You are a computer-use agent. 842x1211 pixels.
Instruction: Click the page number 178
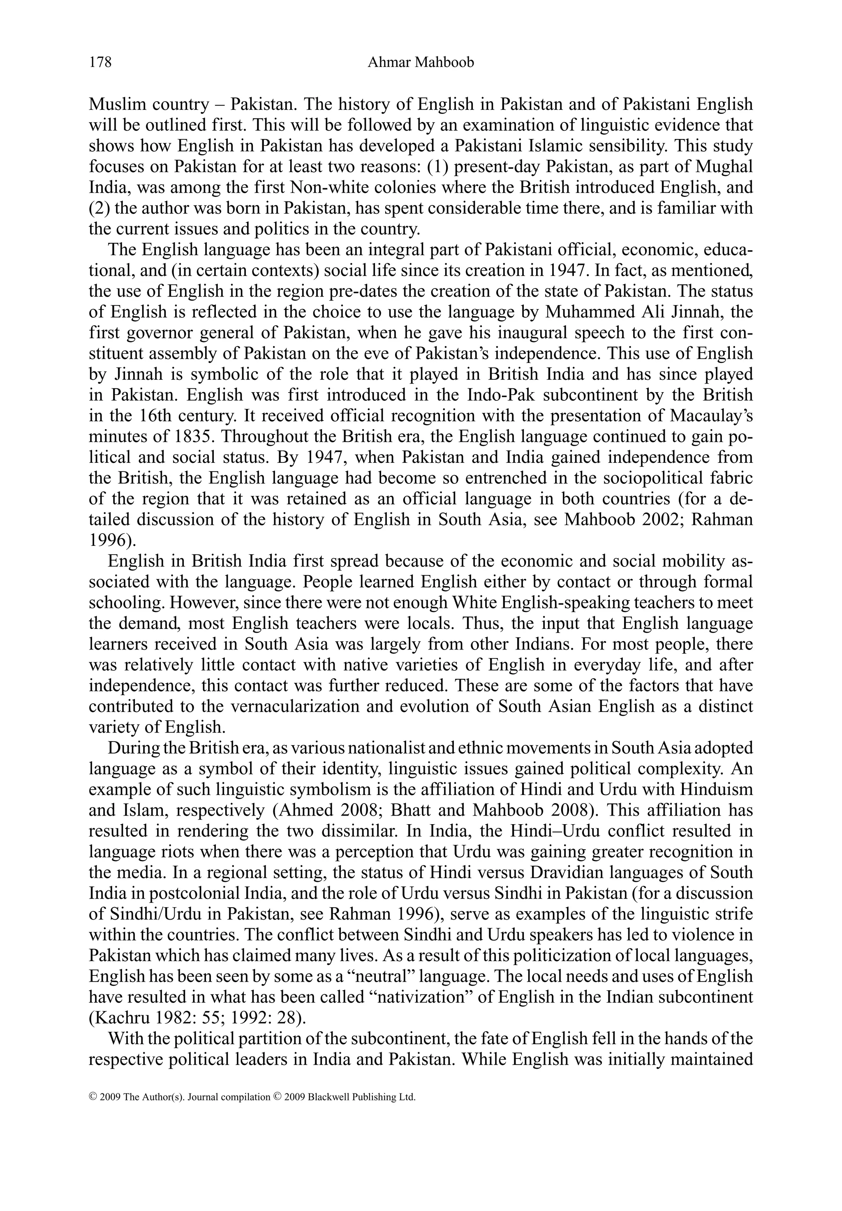(100, 63)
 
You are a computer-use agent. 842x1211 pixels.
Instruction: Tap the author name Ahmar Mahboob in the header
(421, 63)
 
